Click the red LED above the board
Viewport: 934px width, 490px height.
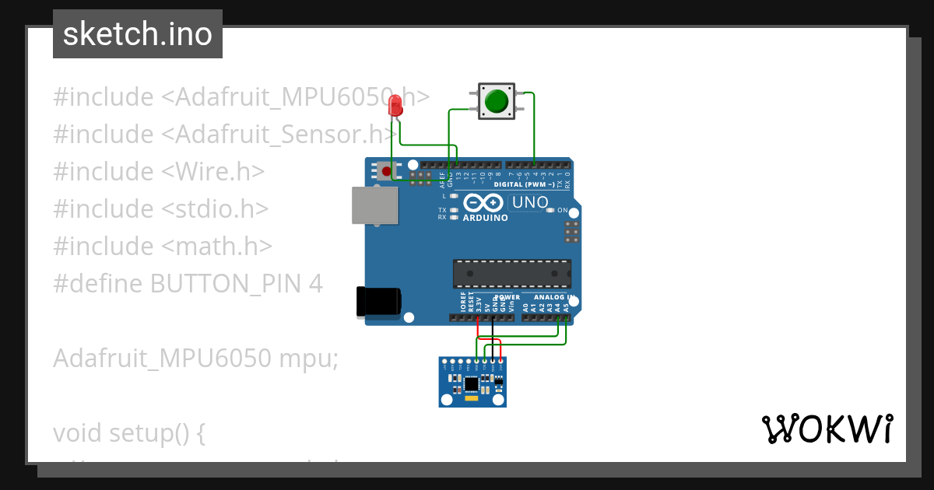[395, 106]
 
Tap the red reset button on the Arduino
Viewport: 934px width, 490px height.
[385, 170]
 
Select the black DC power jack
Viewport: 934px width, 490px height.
[378, 302]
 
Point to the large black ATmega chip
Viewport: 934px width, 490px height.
[511, 274]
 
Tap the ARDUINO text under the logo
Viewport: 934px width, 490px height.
[485, 218]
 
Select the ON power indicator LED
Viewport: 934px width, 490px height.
[551, 210]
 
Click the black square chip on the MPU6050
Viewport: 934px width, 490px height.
[472, 383]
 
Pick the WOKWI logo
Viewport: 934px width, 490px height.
[827, 429]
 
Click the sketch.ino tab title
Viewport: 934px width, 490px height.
[138, 34]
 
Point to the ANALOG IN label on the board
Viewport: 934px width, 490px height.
[553, 297]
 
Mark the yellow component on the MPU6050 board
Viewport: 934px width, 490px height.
[472, 399]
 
